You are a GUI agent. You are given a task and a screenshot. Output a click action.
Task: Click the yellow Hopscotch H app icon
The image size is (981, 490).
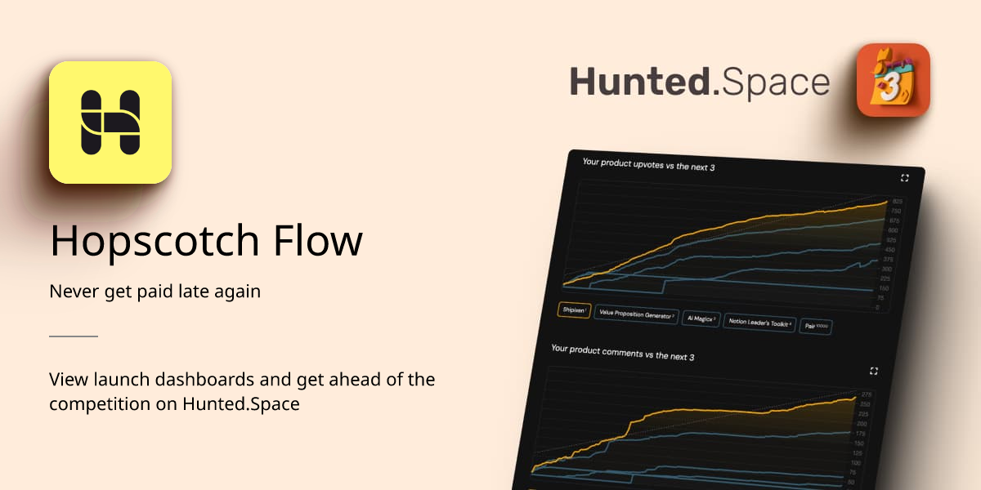[110, 122]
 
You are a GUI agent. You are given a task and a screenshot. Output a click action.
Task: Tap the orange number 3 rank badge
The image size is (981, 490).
[893, 80]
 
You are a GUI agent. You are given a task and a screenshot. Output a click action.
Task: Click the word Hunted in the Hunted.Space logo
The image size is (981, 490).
[639, 83]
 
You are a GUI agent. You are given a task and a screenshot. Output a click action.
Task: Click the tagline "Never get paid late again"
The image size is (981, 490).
[155, 292]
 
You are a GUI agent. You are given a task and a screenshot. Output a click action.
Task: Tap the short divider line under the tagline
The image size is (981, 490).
[74, 336]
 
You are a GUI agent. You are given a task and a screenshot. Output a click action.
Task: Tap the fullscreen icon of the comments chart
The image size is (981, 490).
[874, 371]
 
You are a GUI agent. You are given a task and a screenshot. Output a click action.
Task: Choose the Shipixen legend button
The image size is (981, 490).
[574, 310]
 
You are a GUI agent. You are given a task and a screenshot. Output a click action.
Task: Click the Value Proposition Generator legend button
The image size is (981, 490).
[637, 314]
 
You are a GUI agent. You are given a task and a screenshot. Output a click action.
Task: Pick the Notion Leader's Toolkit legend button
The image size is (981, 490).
[759, 323]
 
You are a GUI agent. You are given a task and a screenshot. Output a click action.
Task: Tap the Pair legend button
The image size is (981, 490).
[816, 326]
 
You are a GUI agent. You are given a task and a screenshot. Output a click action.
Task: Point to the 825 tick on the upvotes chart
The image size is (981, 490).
[897, 201]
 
